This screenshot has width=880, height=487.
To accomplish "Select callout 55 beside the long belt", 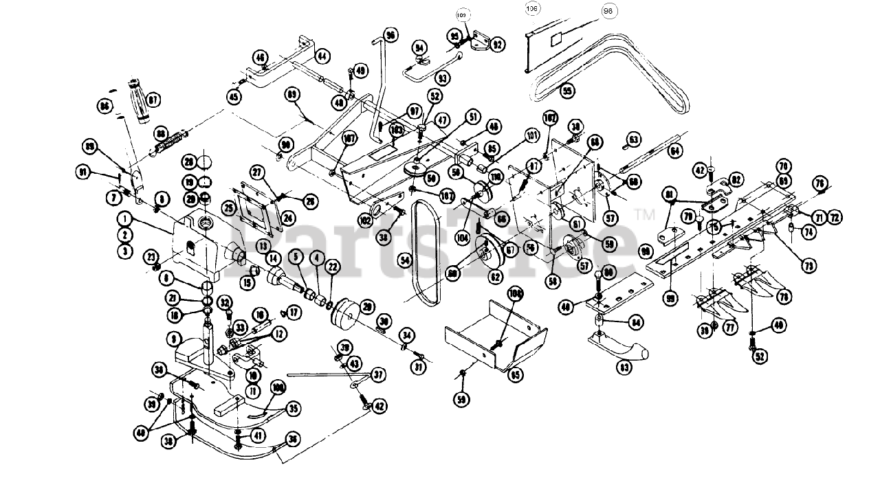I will pos(566,90).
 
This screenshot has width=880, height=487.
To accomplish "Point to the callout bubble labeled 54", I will pos(404,260).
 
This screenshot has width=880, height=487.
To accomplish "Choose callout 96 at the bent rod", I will pos(390,35).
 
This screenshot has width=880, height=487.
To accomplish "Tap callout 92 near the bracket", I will pos(497,45).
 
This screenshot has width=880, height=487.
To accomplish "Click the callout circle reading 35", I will pos(294,408).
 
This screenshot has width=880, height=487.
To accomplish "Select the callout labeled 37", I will pos(378,374).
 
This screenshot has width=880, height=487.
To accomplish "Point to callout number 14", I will pos(273,259).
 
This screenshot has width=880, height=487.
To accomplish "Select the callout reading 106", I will pos(532,9).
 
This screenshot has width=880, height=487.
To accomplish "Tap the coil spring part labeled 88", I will pos(168,143).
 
